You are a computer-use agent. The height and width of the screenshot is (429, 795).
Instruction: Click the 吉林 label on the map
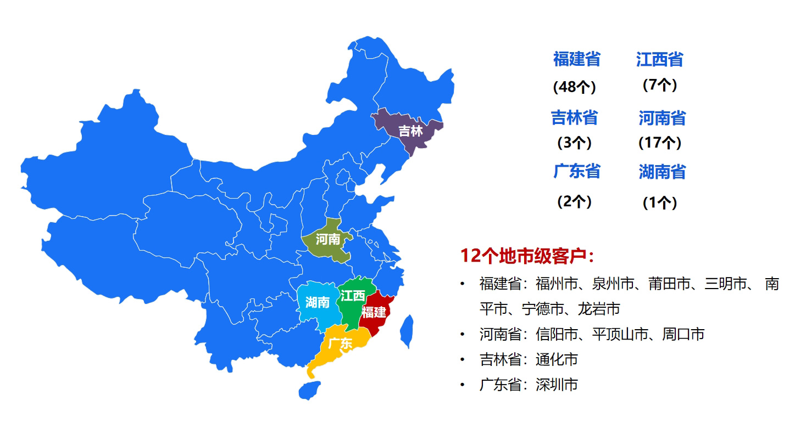(410, 131)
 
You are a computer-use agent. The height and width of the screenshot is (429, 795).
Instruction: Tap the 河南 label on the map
(327, 240)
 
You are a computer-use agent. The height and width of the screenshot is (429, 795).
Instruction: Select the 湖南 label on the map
(317, 302)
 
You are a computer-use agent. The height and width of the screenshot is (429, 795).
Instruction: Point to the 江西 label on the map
(352, 296)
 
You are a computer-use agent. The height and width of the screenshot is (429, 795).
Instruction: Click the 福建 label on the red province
(374, 312)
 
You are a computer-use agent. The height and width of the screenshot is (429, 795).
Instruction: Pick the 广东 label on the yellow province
(340, 344)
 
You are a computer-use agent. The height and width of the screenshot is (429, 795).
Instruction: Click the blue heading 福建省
(576, 59)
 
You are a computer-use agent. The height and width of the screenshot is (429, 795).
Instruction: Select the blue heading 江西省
(659, 59)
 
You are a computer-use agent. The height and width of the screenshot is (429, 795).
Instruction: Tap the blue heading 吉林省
(574, 117)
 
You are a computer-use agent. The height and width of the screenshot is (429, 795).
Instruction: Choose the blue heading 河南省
(662, 117)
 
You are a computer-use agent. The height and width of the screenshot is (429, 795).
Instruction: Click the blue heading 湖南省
(662, 172)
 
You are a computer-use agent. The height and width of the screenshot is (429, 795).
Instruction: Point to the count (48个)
(574, 87)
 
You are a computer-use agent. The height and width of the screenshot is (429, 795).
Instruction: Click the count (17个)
(659, 143)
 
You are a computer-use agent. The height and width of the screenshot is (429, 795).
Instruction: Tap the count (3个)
(574, 143)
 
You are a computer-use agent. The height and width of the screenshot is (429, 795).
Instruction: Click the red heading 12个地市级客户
(526, 256)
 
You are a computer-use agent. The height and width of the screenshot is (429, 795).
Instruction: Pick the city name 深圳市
(557, 385)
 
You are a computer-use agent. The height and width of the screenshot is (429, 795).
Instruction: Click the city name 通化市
(557, 359)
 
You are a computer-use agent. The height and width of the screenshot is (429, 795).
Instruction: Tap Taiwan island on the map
(407, 331)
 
